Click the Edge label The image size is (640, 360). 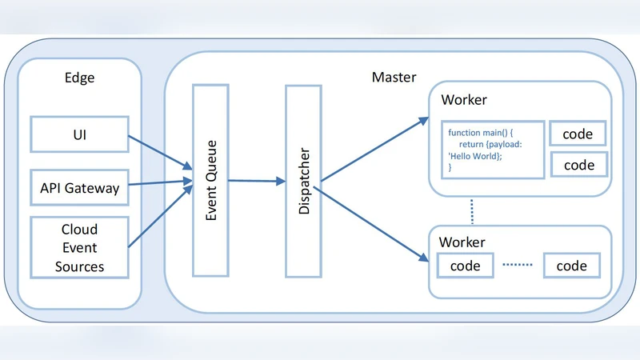coord(80,78)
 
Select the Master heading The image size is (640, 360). coord(394,78)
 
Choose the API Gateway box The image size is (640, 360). coord(79,188)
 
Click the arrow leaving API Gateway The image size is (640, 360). coord(160,184)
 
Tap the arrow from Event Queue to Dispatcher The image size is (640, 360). coord(256,182)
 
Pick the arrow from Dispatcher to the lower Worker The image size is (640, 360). coord(372,224)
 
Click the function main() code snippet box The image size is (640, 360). coord(492,150)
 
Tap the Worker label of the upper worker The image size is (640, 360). coord(463,101)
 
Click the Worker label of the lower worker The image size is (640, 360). coord(463,242)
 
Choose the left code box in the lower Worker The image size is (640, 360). coord(465,266)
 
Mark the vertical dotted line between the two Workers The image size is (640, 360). coord(473,211)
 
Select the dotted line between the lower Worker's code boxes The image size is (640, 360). coord(517,266)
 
